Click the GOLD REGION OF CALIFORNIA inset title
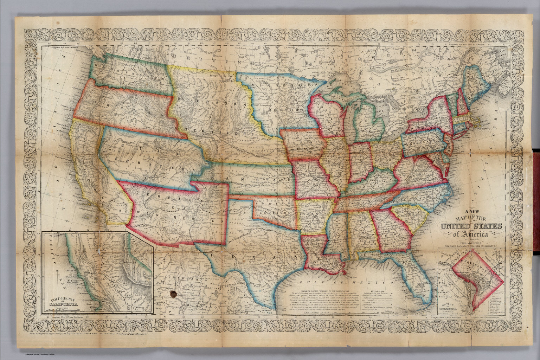(x=62, y=302)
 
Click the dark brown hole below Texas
(x=173, y=294)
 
